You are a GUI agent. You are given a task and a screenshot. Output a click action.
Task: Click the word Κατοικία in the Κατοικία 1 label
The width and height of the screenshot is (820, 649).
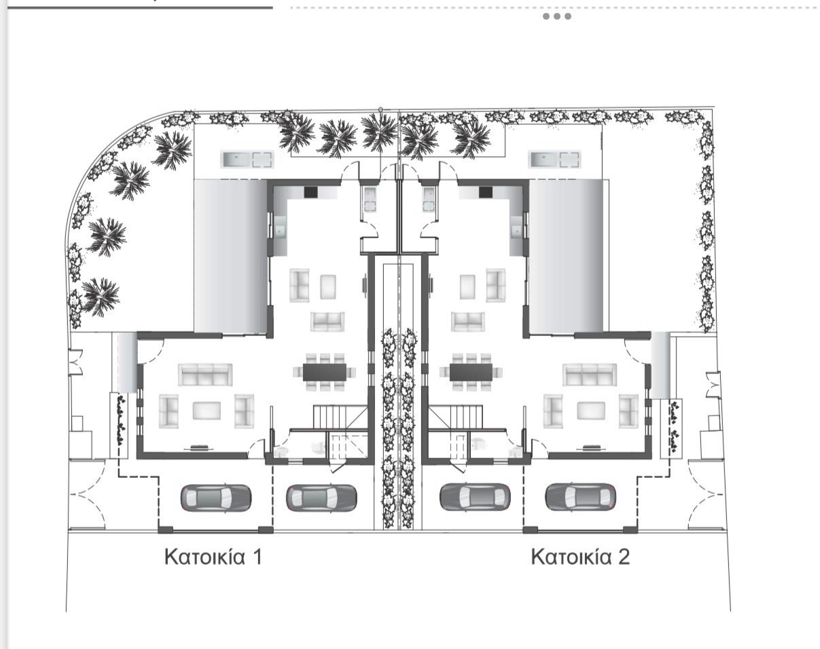(204, 557)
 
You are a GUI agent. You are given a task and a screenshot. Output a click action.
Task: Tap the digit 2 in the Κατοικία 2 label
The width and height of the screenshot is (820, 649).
(624, 557)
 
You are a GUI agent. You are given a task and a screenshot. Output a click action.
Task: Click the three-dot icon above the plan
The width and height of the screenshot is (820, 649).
(556, 16)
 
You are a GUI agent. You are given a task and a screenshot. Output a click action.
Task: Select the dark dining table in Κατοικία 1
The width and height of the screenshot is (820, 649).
(325, 372)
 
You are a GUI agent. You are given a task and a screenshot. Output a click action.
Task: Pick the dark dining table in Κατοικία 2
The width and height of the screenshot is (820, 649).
(471, 372)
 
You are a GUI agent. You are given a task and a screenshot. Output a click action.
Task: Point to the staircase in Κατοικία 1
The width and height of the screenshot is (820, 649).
(340, 417)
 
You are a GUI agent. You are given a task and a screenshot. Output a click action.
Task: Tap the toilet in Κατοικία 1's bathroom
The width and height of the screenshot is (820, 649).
(318, 448)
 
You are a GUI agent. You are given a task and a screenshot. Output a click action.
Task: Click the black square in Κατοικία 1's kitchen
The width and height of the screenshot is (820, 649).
(311, 192)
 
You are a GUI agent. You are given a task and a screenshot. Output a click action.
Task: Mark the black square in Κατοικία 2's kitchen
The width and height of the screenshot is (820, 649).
(486, 192)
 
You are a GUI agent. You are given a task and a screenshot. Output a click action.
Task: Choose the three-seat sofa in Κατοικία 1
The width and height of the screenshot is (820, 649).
(205, 374)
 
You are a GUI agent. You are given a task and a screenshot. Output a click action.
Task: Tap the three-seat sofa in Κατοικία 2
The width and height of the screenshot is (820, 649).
(590, 374)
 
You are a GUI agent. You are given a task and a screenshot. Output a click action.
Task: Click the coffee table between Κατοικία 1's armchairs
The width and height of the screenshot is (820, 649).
(207, 411)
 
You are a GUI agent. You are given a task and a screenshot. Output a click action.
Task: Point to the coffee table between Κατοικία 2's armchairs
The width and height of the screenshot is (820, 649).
(591, 411)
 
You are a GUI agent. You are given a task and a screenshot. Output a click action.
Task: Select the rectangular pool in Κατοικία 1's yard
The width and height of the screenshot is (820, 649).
(247, 160)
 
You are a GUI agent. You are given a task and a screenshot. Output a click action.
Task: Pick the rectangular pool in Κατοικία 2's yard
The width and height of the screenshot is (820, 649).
(555, 160)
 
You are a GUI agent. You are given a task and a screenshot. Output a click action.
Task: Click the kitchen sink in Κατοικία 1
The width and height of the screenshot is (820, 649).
(280, 230)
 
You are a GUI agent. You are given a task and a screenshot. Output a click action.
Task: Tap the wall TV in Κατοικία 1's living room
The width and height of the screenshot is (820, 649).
(199, 448)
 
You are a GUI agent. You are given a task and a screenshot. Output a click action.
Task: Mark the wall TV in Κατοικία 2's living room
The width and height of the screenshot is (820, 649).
(591, 448)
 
